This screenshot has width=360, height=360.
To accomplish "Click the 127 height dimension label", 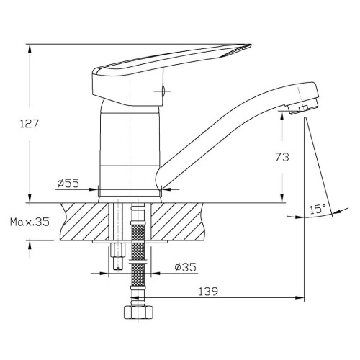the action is (x=29, y=124).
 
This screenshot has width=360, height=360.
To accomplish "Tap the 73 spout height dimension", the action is (x=282, y=157).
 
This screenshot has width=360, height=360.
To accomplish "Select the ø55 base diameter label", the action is (x=68, y=184).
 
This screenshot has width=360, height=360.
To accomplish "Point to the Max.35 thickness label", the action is (x=30, y=222).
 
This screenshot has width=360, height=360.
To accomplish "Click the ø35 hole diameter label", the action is (x=186, y=267).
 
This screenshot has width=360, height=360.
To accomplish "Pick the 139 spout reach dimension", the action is (x=208, y=292).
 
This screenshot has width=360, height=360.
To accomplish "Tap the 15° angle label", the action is (x=318, y=210).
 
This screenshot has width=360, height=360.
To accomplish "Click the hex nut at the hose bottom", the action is (x=138, y=312).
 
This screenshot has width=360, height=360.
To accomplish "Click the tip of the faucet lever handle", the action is (x=251, y=45).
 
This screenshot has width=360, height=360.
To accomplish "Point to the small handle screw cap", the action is (x=163, y=91).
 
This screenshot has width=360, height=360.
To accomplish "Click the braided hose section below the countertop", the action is (x=138, y=254).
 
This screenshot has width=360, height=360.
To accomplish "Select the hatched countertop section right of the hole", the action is (x=178, y=222).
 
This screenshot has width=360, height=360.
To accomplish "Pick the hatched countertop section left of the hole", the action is (x=84, y=222).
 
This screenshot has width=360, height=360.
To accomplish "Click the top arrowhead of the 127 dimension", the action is (x=30, y=49).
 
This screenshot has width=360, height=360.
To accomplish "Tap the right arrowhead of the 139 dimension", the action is (x=300, y=298).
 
